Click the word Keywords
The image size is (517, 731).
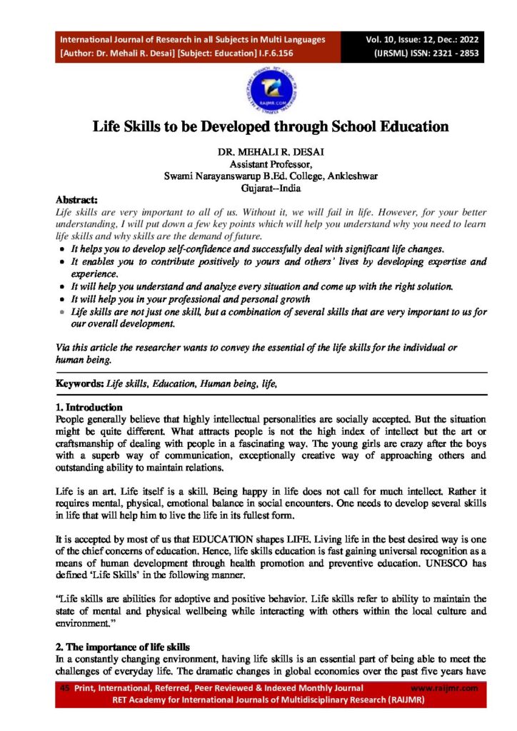point(80,384)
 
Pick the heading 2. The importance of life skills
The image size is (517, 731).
point(122,647)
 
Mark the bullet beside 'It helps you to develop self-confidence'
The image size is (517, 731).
point(63,248)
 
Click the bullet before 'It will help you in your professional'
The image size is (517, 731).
point(63,299)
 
